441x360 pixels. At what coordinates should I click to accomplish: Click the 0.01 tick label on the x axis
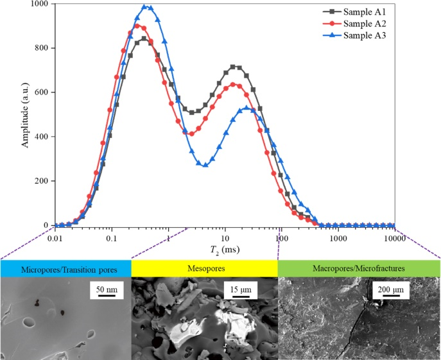click(55, 237)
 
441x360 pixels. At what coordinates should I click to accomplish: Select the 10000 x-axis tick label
click(393, 237)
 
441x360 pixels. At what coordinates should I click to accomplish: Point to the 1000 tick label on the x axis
click(338, 237)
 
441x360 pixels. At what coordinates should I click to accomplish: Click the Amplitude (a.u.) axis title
click(25, 115)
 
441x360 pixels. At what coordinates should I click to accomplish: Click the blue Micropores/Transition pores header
click(65, 268)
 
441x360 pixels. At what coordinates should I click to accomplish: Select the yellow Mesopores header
click(204, 268)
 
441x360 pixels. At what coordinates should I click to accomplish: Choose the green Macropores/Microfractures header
click(358, 268)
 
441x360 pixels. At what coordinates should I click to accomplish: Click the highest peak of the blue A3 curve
click(146, 7)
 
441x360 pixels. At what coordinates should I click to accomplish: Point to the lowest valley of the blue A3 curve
click(205, 165)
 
